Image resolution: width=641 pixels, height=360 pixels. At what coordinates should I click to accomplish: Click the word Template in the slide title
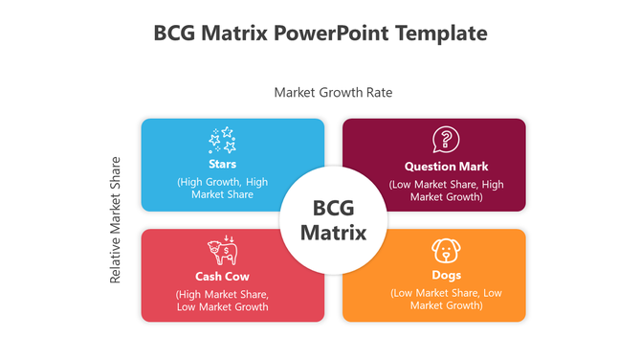point(441,34)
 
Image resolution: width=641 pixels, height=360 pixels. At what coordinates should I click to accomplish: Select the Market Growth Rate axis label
point(333,93)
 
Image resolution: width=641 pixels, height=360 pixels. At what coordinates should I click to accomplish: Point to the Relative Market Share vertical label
point(116,219)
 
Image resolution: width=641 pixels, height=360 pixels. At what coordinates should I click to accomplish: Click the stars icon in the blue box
point(222,141)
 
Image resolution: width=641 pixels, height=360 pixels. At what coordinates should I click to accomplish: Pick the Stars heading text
point(222,165)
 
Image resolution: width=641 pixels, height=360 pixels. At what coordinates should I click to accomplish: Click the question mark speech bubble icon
point(445,140)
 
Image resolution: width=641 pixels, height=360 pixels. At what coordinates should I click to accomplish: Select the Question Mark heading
point(446,167)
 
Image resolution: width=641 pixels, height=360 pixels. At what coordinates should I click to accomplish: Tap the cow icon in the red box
point(223,251)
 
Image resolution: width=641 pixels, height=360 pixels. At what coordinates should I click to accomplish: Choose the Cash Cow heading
point(223,277)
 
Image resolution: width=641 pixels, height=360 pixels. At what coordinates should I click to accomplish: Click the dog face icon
point(446,251)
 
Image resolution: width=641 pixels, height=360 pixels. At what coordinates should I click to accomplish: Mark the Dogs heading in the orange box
point(446,277)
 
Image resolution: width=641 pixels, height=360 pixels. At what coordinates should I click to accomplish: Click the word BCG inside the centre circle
point(333,209)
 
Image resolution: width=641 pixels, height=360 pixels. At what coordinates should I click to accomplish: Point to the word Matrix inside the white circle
point(333,233)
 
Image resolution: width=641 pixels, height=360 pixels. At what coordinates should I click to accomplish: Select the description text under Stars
point(222,188)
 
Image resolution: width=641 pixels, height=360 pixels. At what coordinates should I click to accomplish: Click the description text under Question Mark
point(446,191)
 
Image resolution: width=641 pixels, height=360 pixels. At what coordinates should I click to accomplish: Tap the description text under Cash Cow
point(223,301)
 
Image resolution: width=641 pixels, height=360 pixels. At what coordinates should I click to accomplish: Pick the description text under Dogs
point(446,299)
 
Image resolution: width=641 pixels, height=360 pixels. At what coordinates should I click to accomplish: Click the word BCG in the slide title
point(174,34)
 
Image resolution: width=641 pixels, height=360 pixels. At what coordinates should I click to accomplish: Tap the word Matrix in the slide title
point(233,34)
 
